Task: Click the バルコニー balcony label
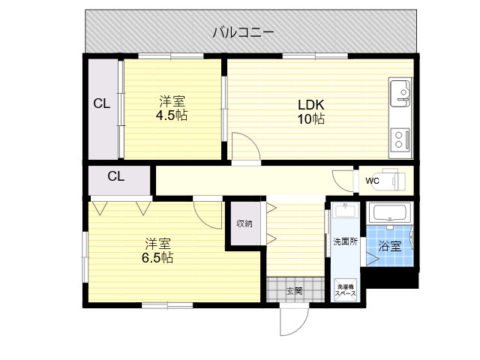pos(243,32)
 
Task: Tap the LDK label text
pos(310,105)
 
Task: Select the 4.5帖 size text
pos(172,115)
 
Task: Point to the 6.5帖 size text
pos(158,257)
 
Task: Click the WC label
pos(373,181)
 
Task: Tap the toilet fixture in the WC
pos(397,181)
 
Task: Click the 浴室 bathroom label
pos(389,245)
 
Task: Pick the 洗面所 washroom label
pos(345,241)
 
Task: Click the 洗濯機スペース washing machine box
pos(345,290)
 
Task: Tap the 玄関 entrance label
pos(294,290)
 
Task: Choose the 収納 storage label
pos(244,223)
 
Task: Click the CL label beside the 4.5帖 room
pos(102,104)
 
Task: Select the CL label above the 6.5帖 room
pos(115,177)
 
